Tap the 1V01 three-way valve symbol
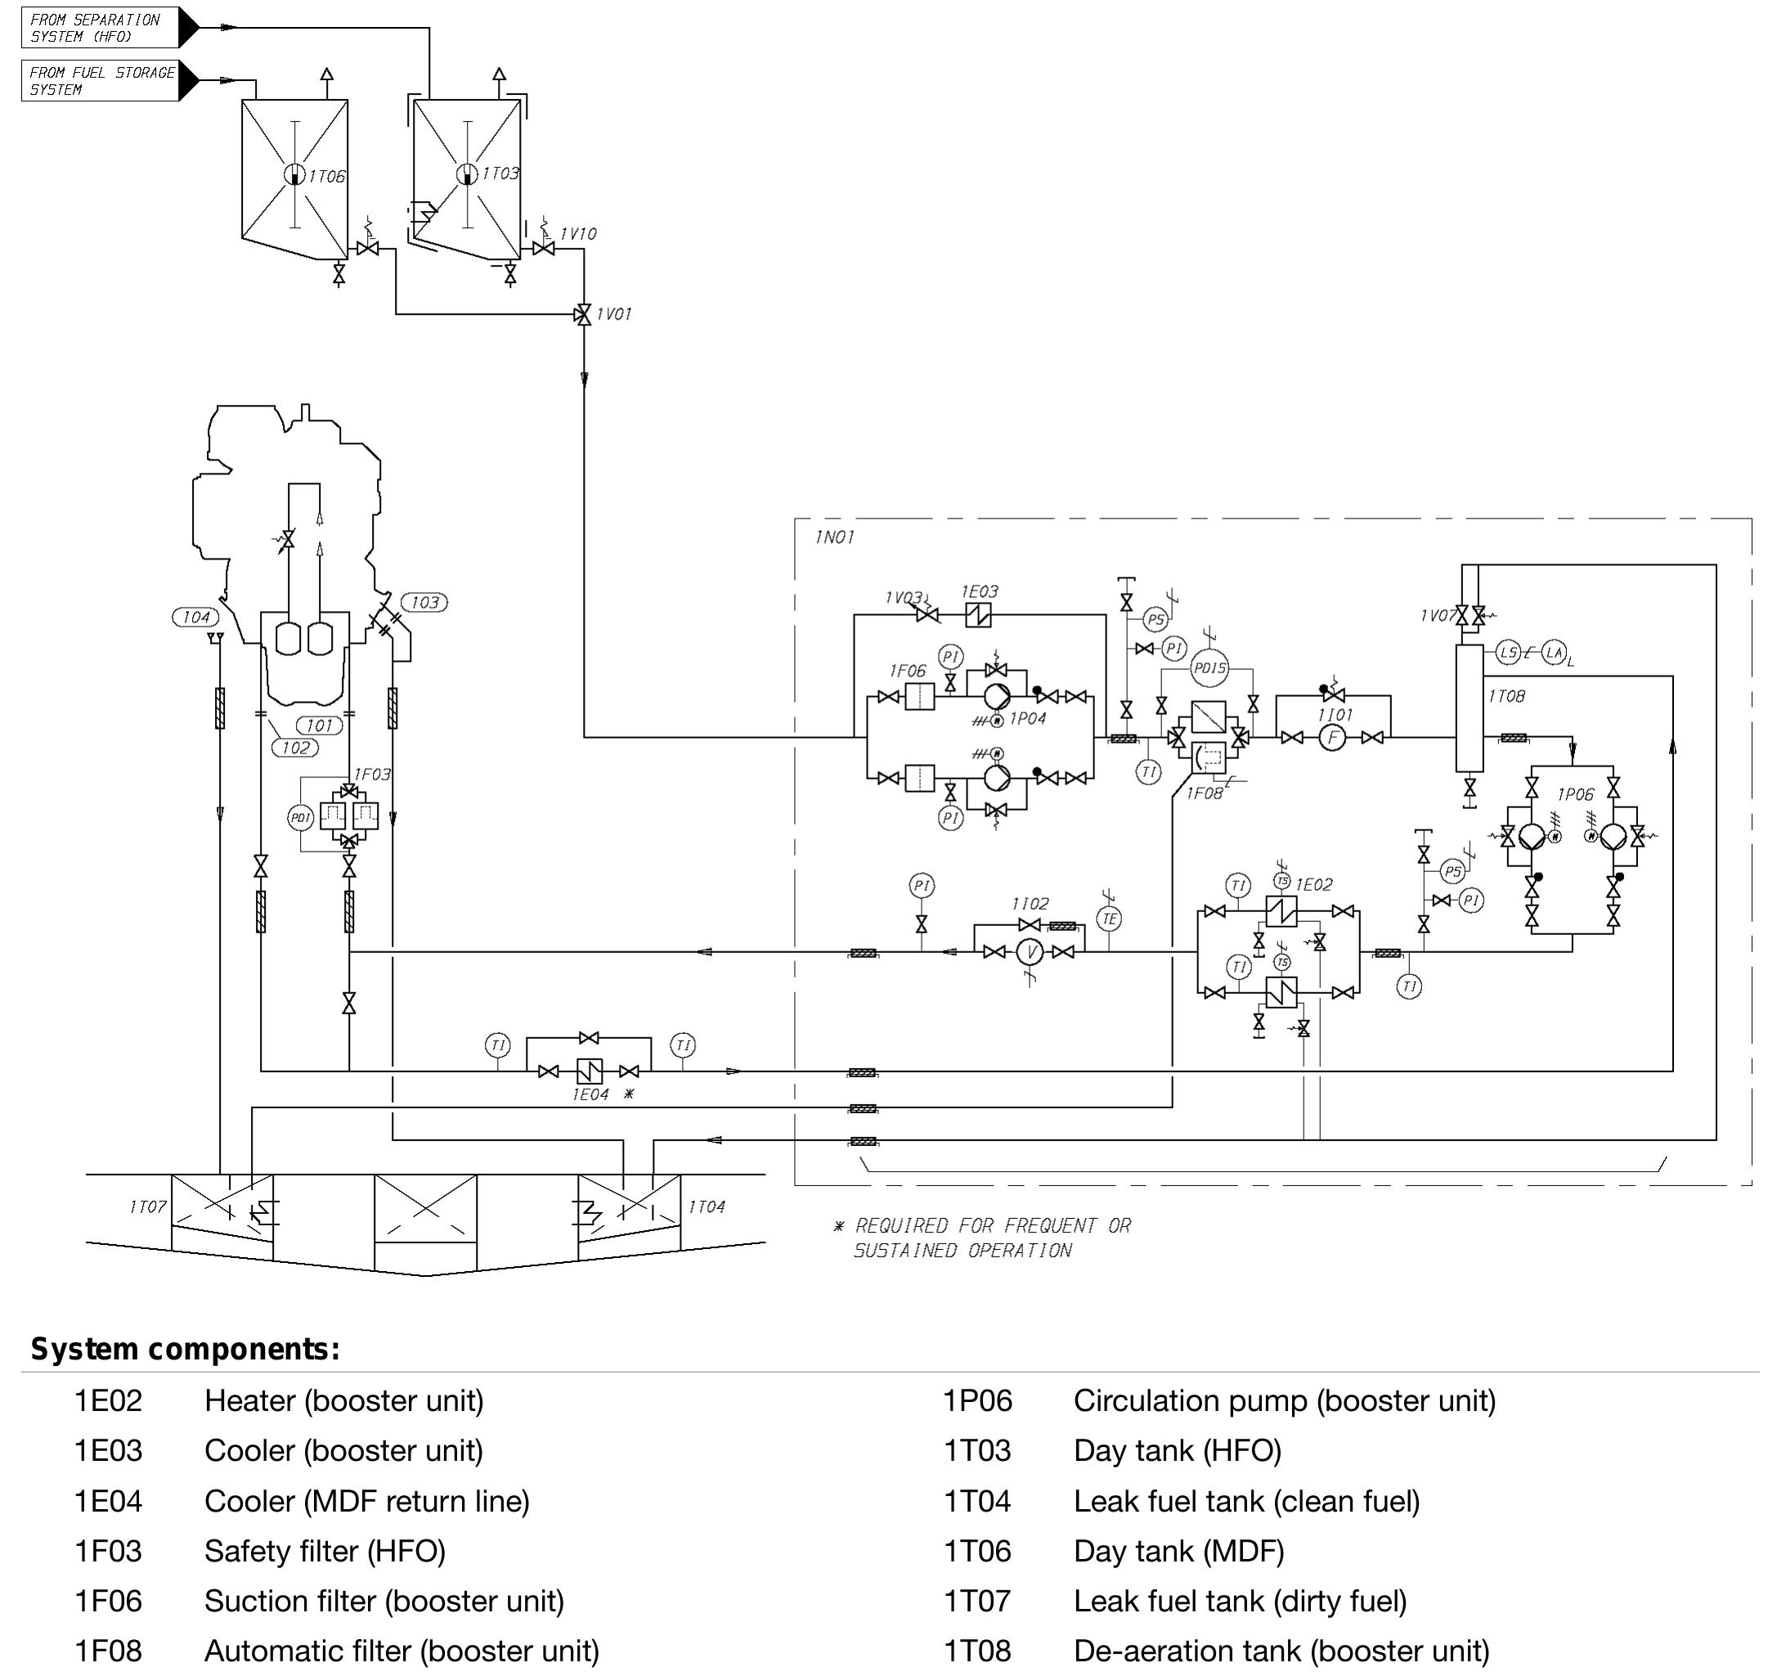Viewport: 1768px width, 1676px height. [x=583, y=313]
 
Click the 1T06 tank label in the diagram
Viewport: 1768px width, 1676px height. [x=326, y=177]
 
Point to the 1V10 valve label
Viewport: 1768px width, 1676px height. [x=578, y=234]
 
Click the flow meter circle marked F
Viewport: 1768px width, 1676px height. [x=1332, y=738]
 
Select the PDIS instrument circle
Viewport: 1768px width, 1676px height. [x=1209, y=668]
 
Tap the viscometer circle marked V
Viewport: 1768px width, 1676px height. [x=1031, y=952]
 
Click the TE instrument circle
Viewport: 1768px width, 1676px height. [x=1109, y=919]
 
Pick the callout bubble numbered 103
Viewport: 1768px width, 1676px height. [x=424, y=602]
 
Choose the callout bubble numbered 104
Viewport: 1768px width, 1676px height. [x=195, y=618]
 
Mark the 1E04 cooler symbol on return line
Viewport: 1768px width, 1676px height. [x=590, y=1072]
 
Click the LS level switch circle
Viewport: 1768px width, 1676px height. [x=1508, y=652]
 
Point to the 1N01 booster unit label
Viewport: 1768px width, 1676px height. [x=834, y=537]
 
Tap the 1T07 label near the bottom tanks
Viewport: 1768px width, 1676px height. [x=147, y=1207]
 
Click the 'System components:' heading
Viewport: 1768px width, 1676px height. [x=185, y=1349]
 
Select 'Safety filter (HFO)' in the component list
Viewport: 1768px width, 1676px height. [x=325, y=1551]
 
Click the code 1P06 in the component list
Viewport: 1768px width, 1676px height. [x=977, y=1400]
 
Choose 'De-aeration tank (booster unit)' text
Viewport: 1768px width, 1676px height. [x=1281, y=1651]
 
